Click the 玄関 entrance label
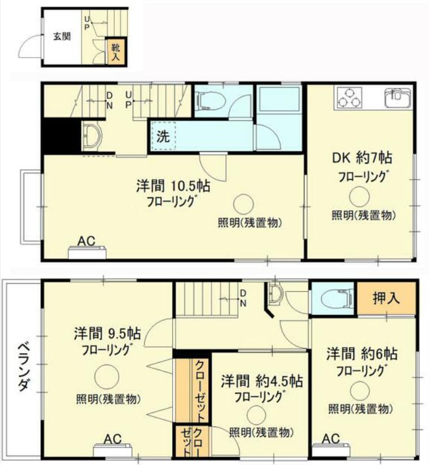click(62, 37)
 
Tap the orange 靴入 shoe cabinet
click(115, 51)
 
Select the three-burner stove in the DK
click(350, 97)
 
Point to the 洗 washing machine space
click(164, 136)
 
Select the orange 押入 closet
click(386, 298)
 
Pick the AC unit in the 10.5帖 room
click(87, 253)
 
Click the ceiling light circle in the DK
click(359, 196)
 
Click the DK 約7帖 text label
click(362, 158)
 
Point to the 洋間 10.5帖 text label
click(173, 186)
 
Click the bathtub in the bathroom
click(279, 99)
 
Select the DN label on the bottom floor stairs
click(243, 298)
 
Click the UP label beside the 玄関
click(87, 23)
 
